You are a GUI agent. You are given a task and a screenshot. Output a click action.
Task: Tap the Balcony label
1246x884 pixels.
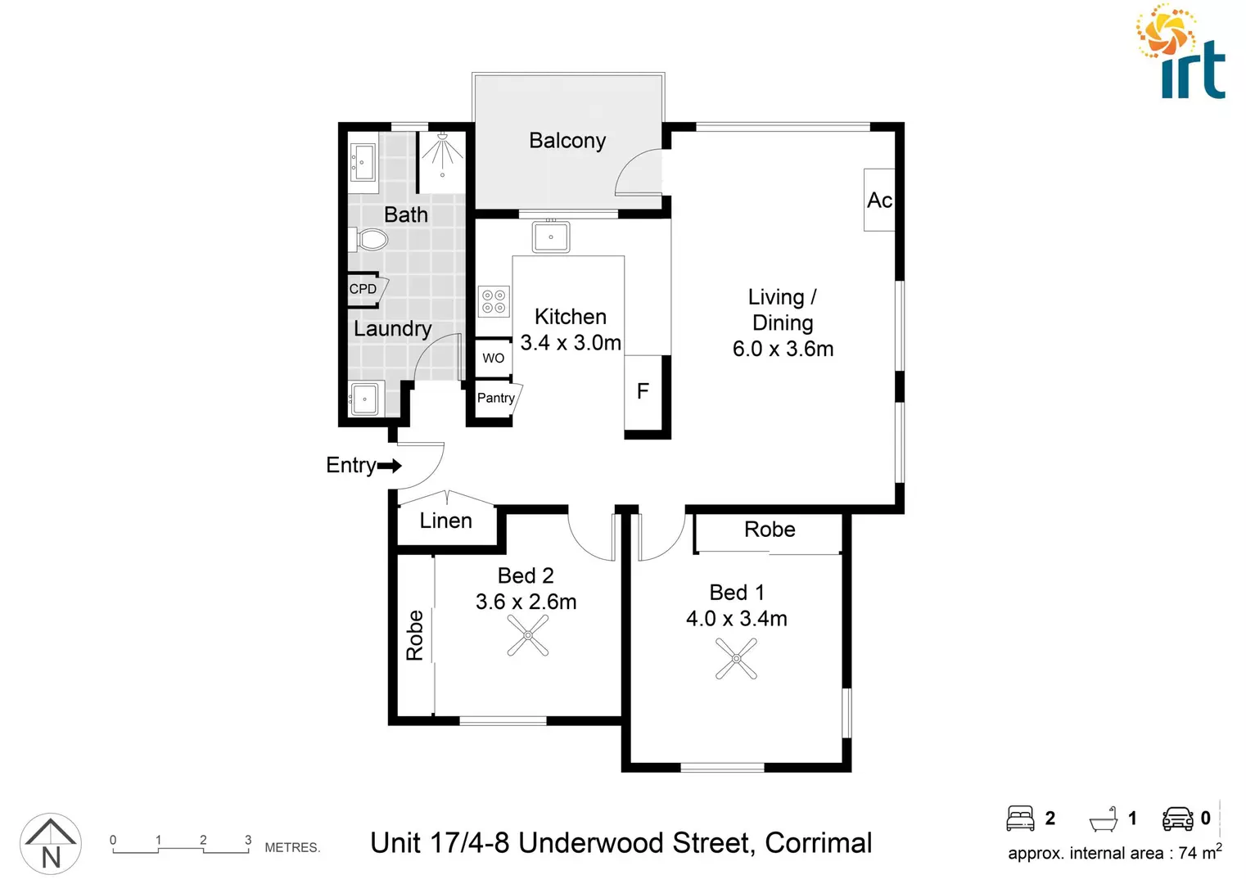567,141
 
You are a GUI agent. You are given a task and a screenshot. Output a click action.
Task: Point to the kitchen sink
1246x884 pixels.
551,237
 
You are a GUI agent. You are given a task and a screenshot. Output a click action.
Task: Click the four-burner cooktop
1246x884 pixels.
494,301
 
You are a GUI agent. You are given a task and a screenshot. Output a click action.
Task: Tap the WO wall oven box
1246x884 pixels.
493,358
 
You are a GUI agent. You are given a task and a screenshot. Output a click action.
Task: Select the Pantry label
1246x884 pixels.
495,398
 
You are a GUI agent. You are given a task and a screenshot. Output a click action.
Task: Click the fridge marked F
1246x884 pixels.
643,391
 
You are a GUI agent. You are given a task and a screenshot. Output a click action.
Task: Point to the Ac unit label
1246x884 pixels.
879,201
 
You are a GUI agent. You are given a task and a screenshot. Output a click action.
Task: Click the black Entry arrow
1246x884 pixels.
390,466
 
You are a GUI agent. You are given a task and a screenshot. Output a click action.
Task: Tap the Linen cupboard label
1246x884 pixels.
445,521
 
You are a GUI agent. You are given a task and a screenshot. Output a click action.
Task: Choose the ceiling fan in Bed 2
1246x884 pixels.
528,635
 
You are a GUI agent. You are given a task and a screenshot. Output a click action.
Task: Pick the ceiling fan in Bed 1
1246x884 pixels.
736,658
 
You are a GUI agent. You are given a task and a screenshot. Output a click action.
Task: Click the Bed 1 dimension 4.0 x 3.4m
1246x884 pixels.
736,619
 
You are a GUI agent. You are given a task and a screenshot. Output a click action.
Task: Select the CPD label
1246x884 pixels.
363,289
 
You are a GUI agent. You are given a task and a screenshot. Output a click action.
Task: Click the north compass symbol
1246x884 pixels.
51,844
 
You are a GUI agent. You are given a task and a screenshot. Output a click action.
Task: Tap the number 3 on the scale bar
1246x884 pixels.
248,840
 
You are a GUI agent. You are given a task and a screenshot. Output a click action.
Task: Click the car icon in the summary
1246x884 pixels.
1177,819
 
